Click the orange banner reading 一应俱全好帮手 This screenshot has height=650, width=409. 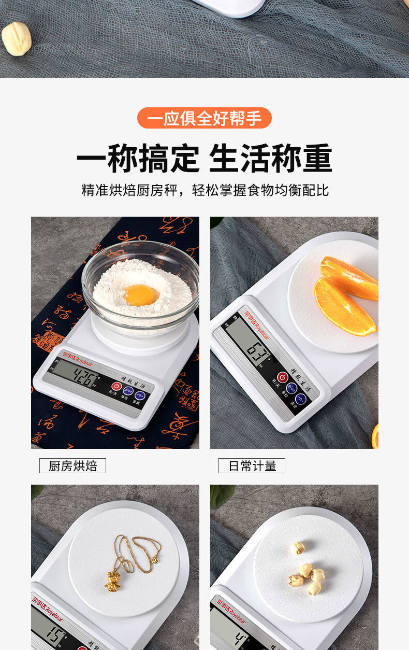(x=204, y=118)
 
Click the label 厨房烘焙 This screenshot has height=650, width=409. (x=72, y=466)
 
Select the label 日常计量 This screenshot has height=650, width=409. (x=252, y=466)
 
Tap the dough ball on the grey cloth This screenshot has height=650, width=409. (x=16, y=38)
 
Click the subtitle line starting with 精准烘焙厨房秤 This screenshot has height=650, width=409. (x=204, y=190)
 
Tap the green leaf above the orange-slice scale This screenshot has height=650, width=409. (x=217, y=221)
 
